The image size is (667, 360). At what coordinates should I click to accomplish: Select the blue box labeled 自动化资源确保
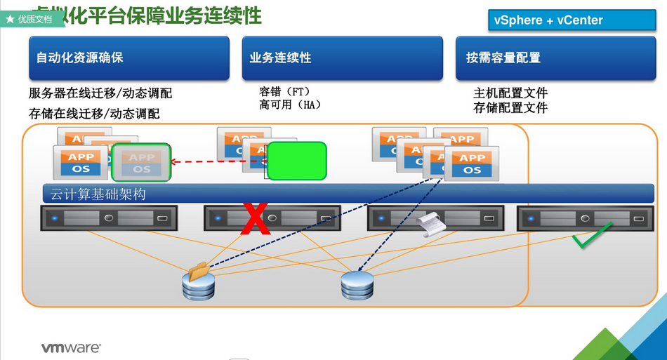point(129,58)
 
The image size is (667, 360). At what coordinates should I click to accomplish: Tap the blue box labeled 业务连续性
point(342,58)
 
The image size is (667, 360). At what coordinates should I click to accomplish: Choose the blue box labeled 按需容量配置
point(555,58)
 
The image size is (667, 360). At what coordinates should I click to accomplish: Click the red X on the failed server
point(256,219)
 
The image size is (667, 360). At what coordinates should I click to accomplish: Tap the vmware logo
point(71,347)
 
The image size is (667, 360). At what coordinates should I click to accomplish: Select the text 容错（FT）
point(285,92)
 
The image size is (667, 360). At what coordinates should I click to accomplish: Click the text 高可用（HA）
point(290,105)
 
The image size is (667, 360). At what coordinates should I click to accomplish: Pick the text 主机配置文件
point(510,93)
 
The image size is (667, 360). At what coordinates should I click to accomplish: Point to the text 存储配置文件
point(510,108)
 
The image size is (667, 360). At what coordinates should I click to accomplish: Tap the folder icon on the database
point(199,271)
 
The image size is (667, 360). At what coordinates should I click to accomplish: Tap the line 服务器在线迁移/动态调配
point(100,93)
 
